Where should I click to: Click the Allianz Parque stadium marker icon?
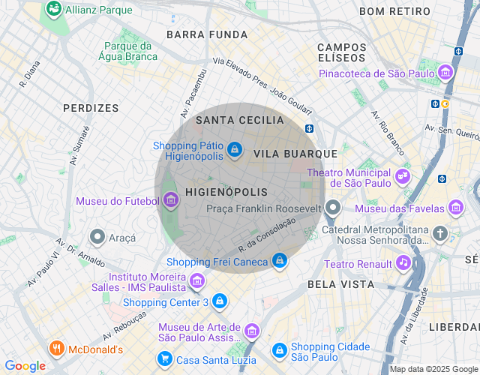coord(53,10)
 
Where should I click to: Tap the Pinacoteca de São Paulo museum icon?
coord(446,73)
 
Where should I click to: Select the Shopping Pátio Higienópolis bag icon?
coord(235,150)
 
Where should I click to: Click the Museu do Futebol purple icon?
coord(170,200)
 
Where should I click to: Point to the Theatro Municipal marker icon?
coord(403,176)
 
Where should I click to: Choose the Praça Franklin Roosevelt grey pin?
coord(333,207)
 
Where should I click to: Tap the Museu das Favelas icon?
coord(455,208)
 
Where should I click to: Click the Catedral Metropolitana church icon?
coord(439,234)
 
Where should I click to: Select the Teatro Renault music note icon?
coord(403,263)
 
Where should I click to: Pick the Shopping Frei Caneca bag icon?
coord(279,261)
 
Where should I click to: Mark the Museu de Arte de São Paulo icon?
coord(251,331)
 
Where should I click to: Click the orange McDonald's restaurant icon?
coord(56,349)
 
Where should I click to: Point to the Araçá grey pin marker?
coord(97,237)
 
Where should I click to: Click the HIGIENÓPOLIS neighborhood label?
coord(226,193)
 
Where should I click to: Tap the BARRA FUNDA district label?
coord(207,34)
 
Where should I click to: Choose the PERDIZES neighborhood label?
coord(91,108)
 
